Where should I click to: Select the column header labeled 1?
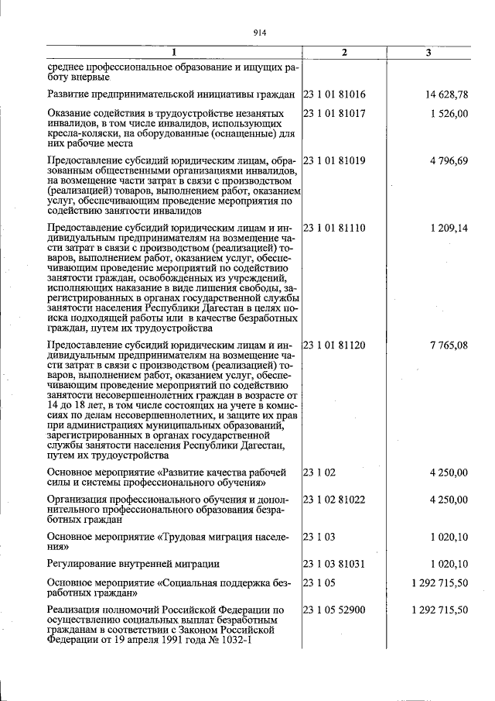pyautogui.click(x=173, y=53)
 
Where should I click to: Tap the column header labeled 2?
pyautogui.click(x=344, y=53)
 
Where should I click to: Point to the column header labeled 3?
pyautogui.click(x=428, y=53)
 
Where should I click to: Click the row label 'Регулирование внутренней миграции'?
pyautogui.click(x=133, y=563)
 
